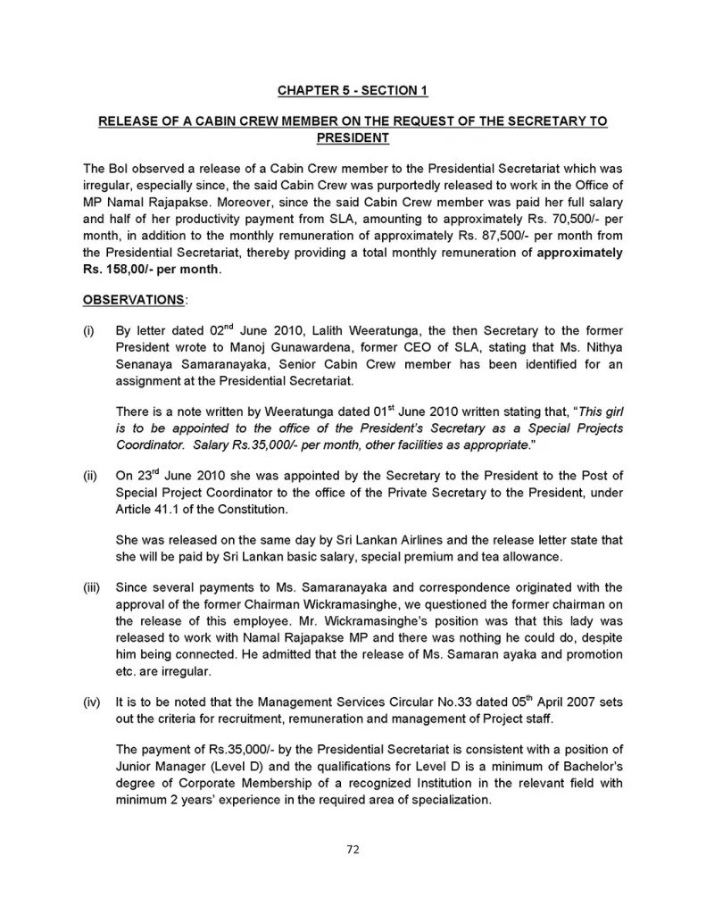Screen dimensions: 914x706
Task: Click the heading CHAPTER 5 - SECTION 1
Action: click(x=353, y=90)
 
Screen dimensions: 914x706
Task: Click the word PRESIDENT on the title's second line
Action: click(x=353, y=138)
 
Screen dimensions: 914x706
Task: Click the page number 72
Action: click(x=353, y=849)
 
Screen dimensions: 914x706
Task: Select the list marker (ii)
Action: click(x=90, y=476)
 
